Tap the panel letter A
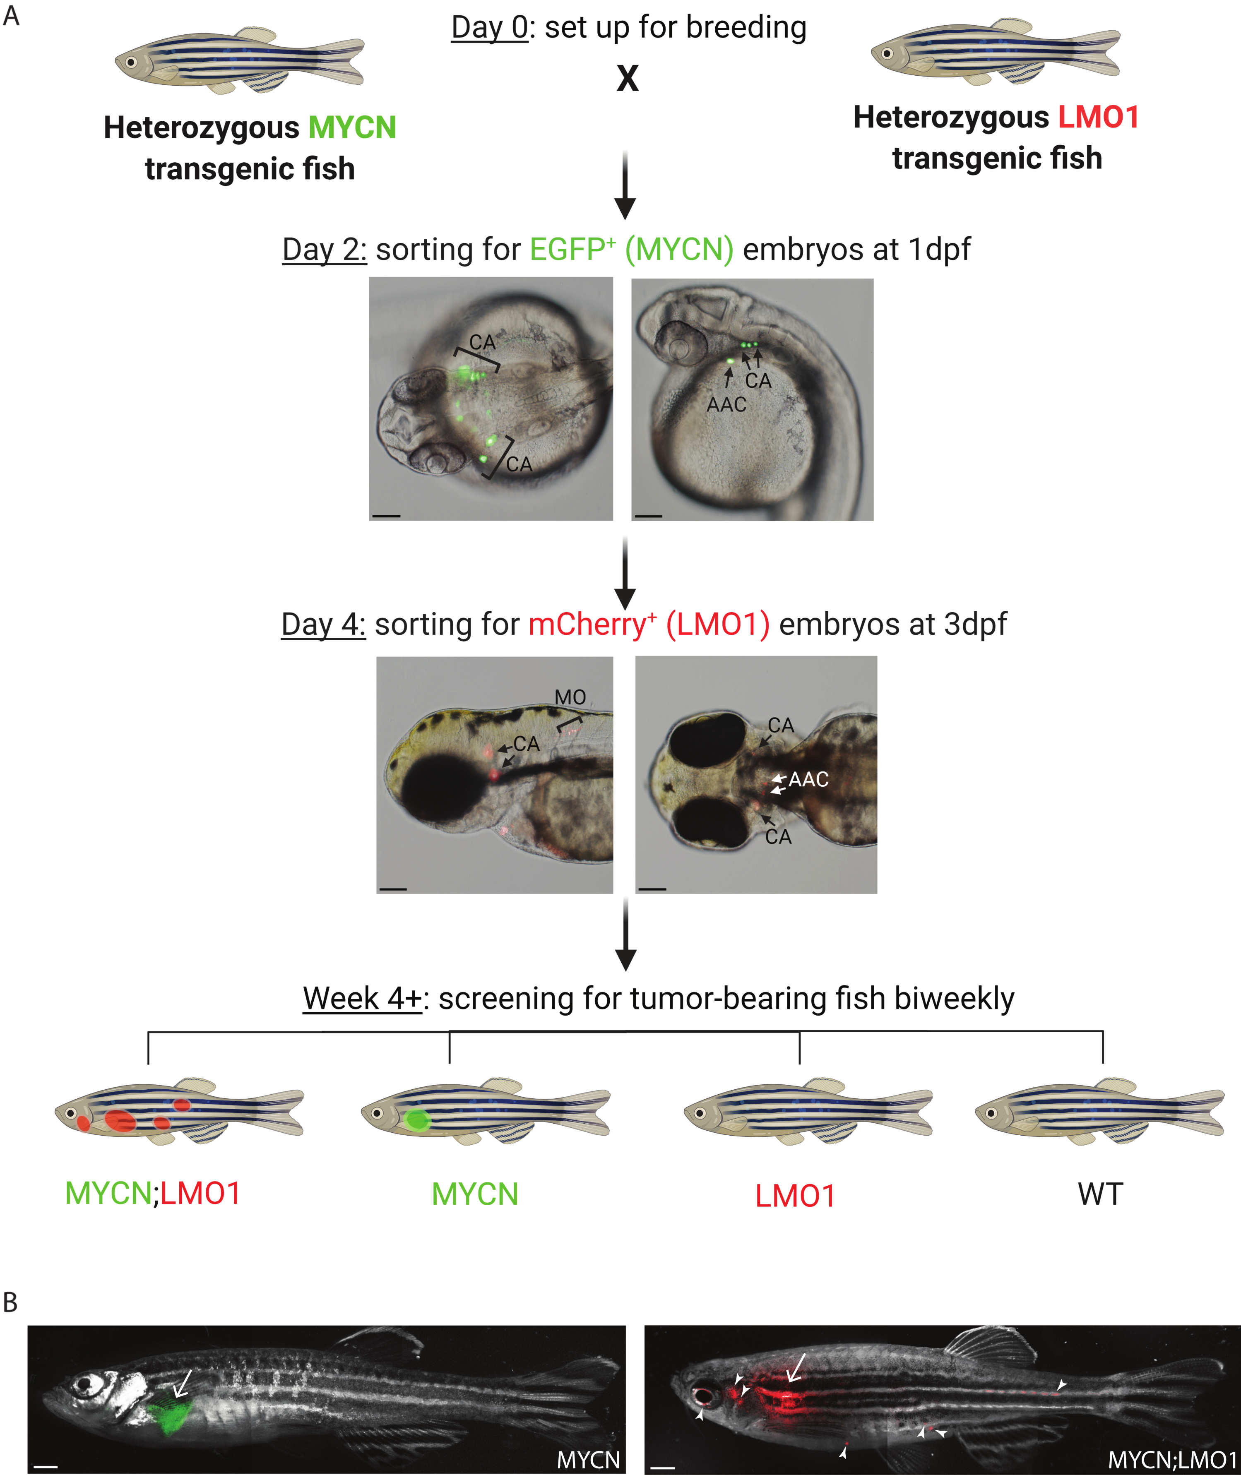click(11, 15)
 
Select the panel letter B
click(10, 1303)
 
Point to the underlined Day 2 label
click(324, 250)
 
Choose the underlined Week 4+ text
click(362, 998)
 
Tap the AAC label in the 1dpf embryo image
click(726, 405)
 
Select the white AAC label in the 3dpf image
click(808, 779)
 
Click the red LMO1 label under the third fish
click(795, 1196)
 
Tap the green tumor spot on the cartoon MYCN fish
click(418, 1119)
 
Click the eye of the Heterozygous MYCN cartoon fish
click(131, 62)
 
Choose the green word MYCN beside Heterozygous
click(352, 128)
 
